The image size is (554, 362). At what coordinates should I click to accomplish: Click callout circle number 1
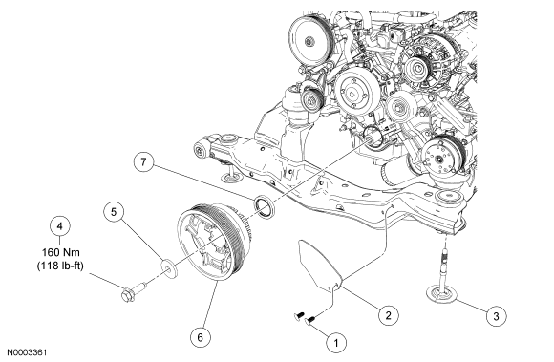click(x=336, y=342)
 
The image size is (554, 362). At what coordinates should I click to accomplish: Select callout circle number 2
click(x=388, y=314)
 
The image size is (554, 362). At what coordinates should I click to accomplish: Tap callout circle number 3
click(x=496, y=315)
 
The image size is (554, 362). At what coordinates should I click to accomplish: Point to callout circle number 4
click(x=60, y=225)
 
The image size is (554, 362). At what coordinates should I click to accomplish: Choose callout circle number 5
click(x=114, y=211)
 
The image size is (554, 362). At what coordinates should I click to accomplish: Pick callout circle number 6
click(x=200, y=337)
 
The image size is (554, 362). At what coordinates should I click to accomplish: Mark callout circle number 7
click(x=143, y=161)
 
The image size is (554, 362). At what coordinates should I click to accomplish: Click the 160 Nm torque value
click(x=61, y=252)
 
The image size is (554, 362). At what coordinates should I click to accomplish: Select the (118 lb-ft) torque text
click(x=60, y=266)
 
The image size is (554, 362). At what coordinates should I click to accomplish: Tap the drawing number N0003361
click(x=27, y=352)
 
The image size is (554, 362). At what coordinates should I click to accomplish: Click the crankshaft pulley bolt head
click(x=128, y=295)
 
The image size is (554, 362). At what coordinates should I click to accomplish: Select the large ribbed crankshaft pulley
click(x=212, y=242)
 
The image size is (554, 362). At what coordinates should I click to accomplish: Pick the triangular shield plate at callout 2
click(x=320, y=263)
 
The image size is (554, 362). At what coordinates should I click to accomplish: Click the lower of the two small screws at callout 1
click(x=309, y=320)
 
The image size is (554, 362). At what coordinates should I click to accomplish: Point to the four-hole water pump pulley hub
click(x=352, y=94)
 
